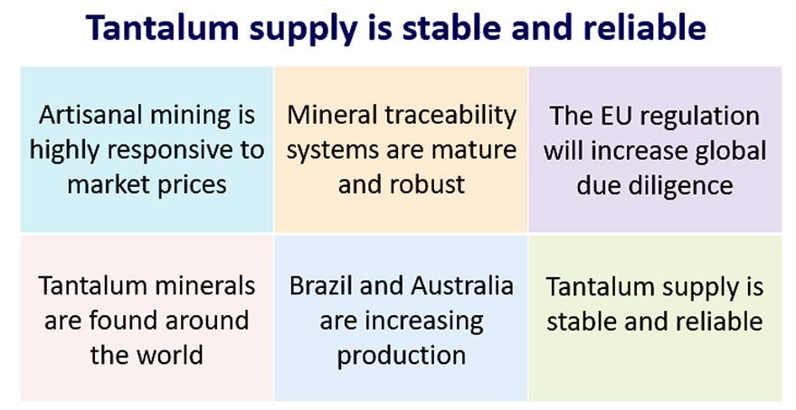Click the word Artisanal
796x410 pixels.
(x=84, y=115)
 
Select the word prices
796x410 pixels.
(x=193, y=185)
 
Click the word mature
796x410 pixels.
(x=475, y=150)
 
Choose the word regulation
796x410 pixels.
(x=694, y=117)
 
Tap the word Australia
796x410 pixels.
(x=462, y=285)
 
